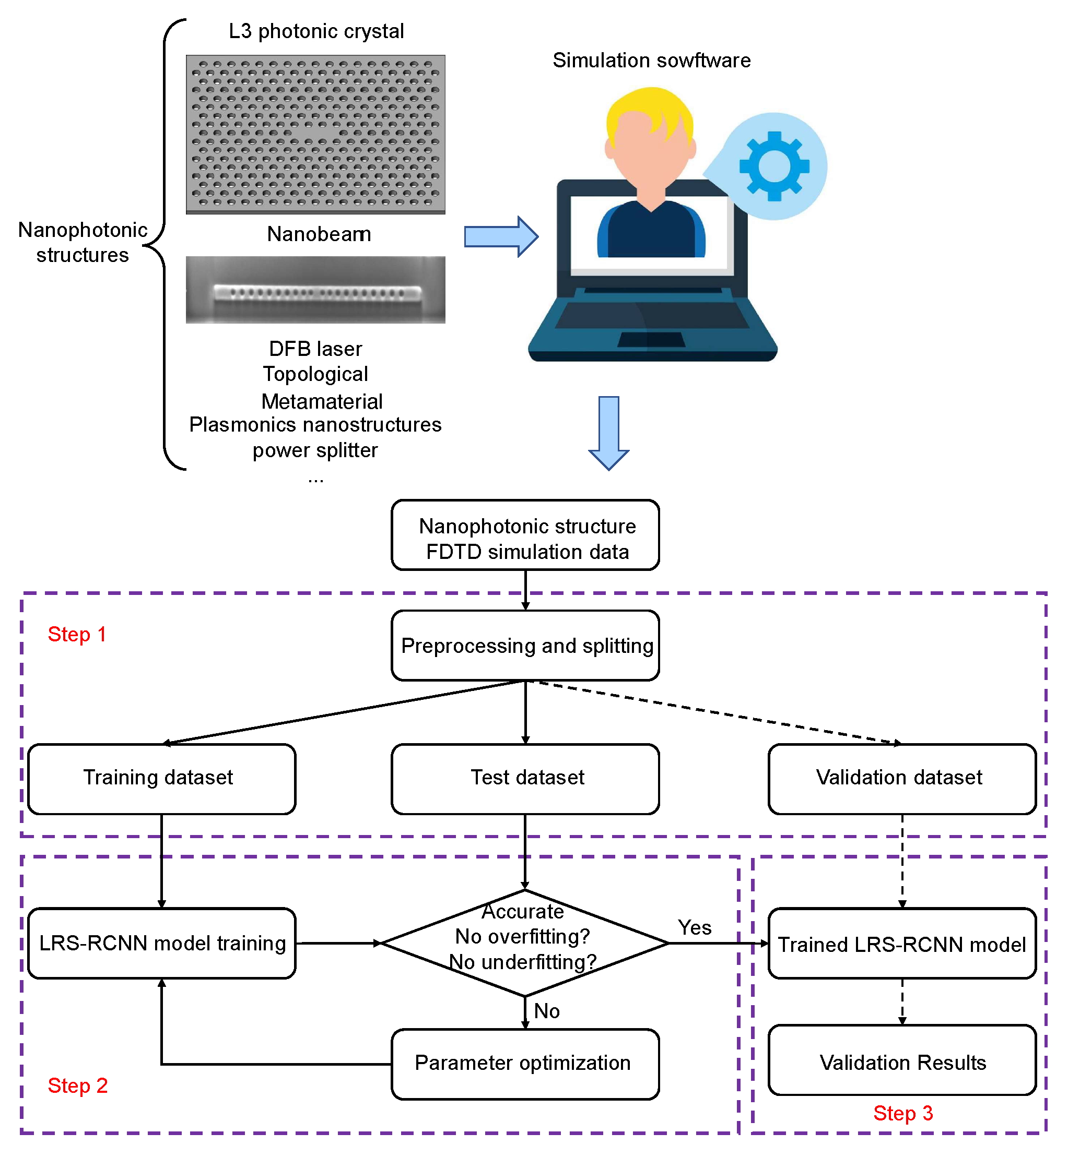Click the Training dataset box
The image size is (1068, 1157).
161,779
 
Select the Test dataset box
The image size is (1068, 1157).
525,779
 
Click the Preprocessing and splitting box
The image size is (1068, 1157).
525,645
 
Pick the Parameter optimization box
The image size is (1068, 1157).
525,1064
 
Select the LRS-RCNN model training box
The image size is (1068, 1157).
161,943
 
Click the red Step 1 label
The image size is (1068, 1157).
77,634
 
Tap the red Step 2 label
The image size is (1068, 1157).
77,1086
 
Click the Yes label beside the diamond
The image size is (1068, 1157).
694,927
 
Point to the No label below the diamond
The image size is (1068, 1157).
546,1011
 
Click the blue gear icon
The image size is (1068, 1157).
774,166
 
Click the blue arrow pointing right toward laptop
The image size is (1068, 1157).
500,236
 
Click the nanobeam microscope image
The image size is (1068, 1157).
315,290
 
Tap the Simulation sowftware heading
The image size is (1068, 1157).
651,61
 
